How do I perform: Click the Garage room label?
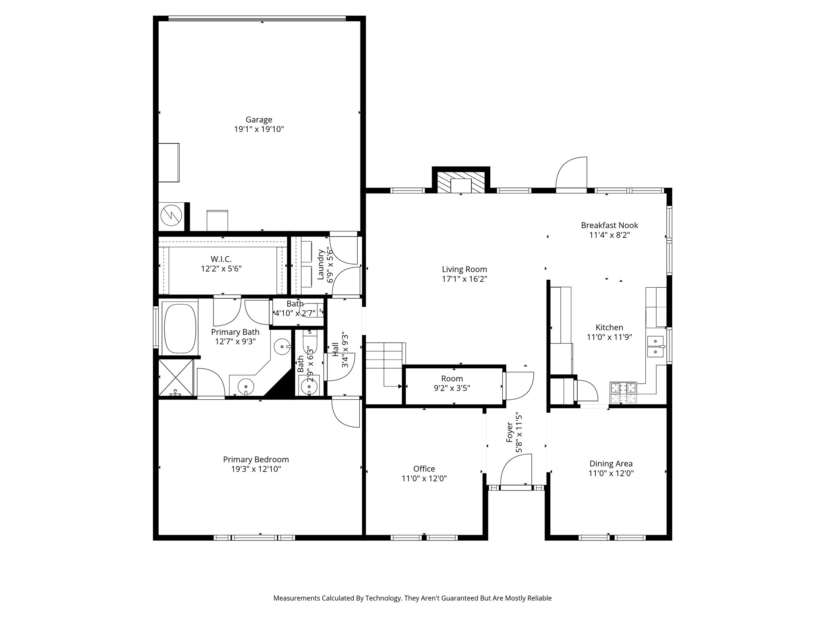(259, 120)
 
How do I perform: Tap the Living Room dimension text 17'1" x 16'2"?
(464, 279)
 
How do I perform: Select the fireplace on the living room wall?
(461, 181)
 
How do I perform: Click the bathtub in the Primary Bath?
(180, 328)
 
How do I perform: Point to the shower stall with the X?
(176, 378)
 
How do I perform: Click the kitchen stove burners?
(623, 393)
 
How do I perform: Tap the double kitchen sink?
(655, 347)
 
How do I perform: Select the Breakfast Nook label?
(609, 225)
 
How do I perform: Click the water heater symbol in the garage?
(172, 216)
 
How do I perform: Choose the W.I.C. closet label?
(221, 259)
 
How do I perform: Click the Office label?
(424, 469)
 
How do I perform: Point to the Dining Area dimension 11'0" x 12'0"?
(611, 474)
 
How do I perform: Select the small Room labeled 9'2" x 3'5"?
(454, 384)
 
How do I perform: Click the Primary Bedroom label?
(256, 459)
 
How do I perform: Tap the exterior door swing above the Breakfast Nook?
(571, 172)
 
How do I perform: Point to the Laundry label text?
(321, 265)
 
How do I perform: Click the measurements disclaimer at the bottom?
(412, 598)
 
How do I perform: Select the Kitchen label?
(609, 328)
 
